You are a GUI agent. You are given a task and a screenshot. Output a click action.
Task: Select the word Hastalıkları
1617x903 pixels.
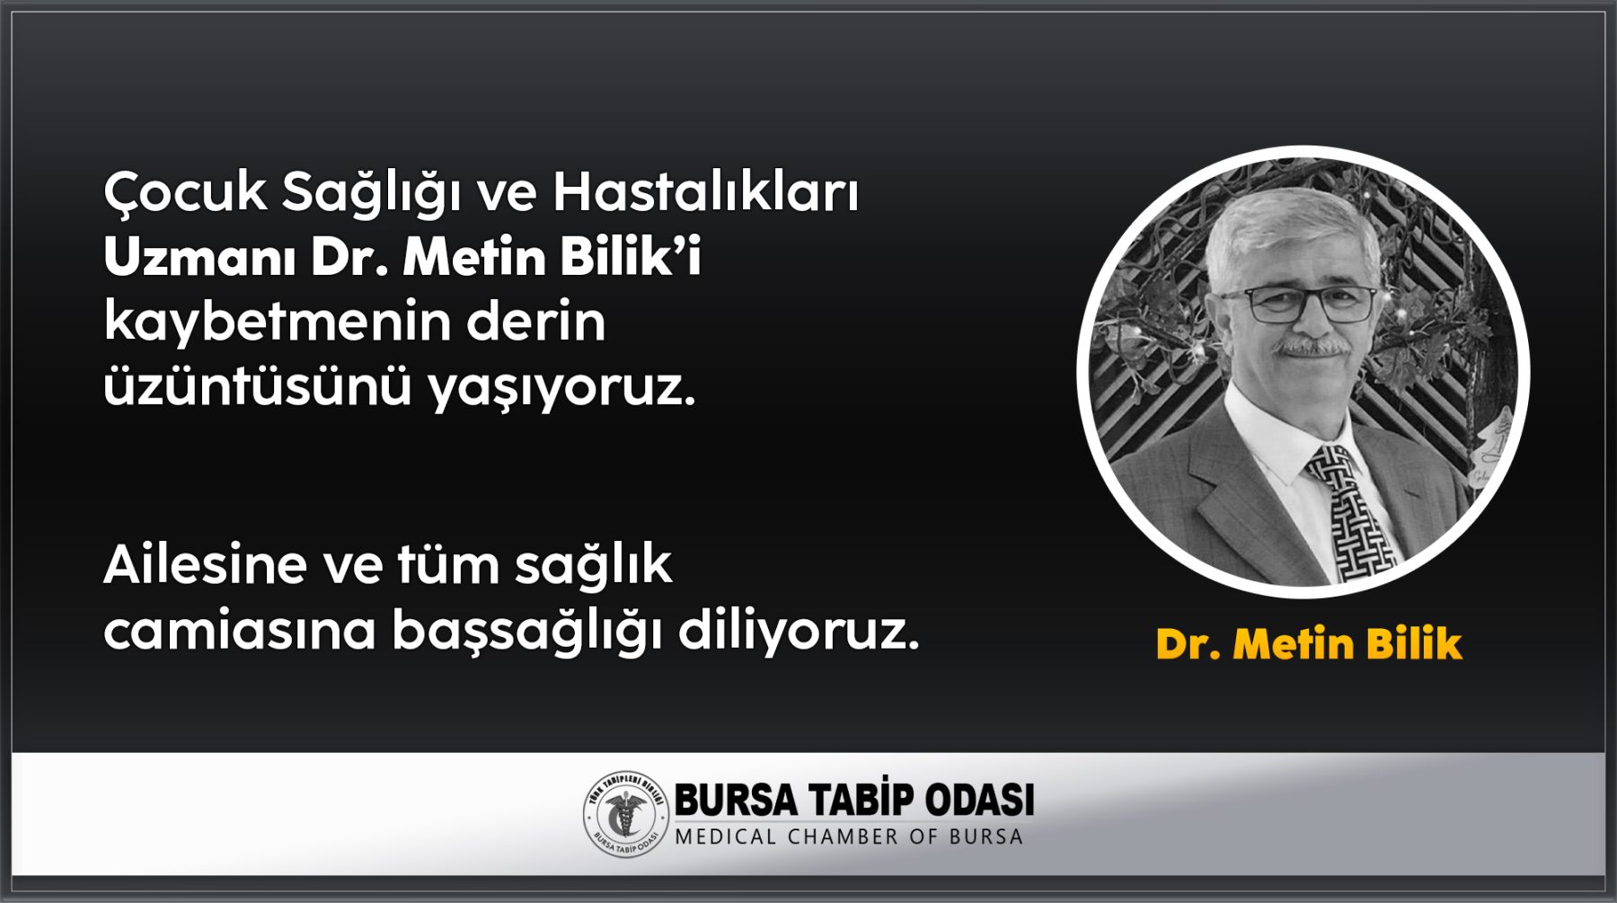(706, 191)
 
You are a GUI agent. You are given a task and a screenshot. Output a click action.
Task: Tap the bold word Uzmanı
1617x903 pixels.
(199, 258)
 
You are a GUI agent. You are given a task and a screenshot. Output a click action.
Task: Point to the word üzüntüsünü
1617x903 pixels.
(257, 386)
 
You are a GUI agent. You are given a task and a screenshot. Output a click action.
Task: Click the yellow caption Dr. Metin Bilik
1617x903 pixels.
(1309, 644)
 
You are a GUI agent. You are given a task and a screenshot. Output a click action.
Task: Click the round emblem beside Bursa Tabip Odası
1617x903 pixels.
(626, 814)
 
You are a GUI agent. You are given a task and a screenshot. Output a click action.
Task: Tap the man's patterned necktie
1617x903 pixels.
(1349, 512)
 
